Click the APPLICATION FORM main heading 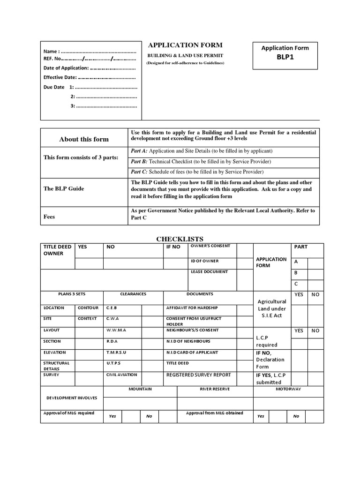(185, 45)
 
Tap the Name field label (51, 51)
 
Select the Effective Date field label (60, 77)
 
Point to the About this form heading (84, 139)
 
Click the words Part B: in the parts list (139, 162)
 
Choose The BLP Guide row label (64, 188)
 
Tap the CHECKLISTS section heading (180, 239)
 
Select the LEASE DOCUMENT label (209, 271)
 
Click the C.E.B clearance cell (112, 308)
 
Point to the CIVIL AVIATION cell (121, 375)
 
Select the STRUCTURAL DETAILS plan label (56, 366)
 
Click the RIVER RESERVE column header (215, 389)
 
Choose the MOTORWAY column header (288, 389)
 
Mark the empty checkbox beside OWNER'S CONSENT (244, 250)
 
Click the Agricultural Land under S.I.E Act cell (272, 308)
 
